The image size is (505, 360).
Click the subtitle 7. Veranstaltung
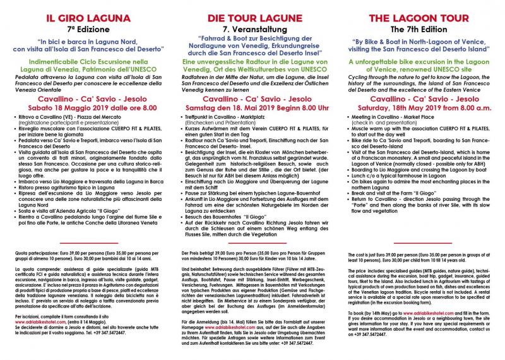point(252,29)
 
